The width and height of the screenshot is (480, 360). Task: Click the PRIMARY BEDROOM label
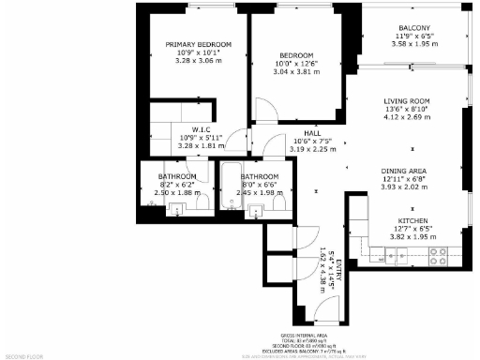(x=198, y=45)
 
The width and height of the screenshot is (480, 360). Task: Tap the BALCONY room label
(x=413, y=28)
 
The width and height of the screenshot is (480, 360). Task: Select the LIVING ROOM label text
(x=406, y=101)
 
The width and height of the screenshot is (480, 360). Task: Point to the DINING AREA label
(x=403, y=170)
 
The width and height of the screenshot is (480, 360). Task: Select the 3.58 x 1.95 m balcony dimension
(x=413, y=43)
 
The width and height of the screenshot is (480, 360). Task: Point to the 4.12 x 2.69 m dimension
(x=406, y=117)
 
